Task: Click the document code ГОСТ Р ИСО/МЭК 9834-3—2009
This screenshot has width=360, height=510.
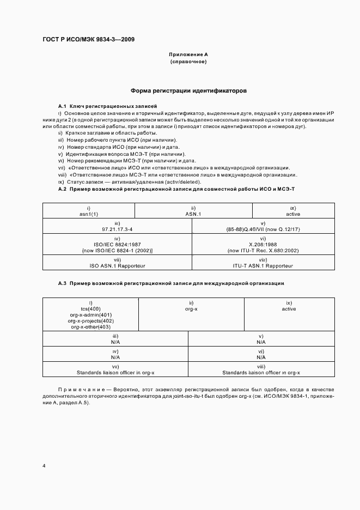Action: tap(89, 40)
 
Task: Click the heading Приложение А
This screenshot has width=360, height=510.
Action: tap(188, 55)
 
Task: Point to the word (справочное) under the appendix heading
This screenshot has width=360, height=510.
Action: tap(188, 62)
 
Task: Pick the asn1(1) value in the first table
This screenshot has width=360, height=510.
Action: tap(88, 214)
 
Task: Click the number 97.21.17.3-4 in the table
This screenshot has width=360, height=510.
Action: tap(117, 230)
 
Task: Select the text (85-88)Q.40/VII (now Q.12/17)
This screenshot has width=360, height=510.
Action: tap(263, 230)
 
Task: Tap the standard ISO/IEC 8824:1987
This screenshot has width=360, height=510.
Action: tap(117, 245)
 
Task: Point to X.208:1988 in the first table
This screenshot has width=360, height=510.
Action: tap(263, 245)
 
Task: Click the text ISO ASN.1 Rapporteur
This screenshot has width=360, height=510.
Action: tap(117, 265)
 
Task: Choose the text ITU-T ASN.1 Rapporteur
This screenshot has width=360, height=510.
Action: tap(263, 265)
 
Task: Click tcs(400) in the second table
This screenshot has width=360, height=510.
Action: tap(90, 309)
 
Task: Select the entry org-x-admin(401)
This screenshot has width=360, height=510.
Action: tap(90, 315)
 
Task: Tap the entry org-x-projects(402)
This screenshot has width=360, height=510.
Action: tap(90, 321)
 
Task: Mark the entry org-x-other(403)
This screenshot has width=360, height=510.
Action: tap(90, 327)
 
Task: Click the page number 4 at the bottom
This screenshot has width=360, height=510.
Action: tap(44, 466)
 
